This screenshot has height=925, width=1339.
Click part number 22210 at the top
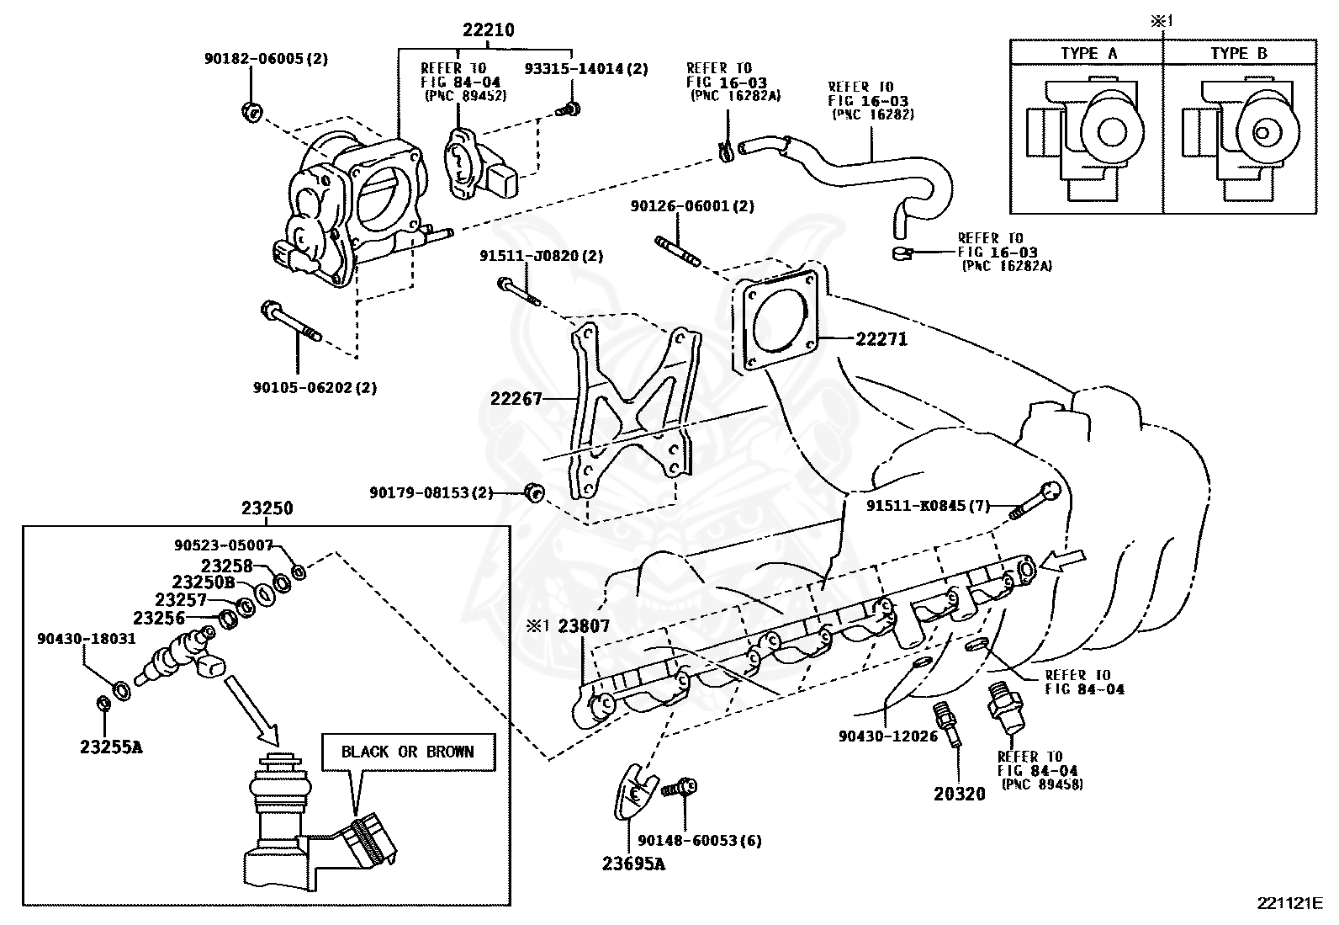point(489,30)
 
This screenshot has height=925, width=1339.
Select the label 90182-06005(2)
point(266,59)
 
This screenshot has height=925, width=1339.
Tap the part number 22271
point(881,339)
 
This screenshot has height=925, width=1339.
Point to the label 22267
point(516,398)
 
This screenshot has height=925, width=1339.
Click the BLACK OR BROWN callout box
point(408,752)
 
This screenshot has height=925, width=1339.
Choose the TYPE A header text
point(1089,53)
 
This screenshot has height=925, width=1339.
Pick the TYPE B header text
point(1239,53)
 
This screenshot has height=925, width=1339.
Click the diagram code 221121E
point(1290,903)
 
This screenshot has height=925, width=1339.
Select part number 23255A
point(111,747)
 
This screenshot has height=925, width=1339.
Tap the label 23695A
point(633,864)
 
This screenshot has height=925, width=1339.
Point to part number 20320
point(960,794)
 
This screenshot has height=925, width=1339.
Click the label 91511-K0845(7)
point(929,506)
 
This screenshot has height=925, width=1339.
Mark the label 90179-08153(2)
point(431,493)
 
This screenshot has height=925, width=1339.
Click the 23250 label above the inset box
point(267,508)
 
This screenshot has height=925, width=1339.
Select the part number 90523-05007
point(224,545)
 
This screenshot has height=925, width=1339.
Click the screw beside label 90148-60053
point(679,788)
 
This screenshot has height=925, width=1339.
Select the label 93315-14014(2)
point(586,69)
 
